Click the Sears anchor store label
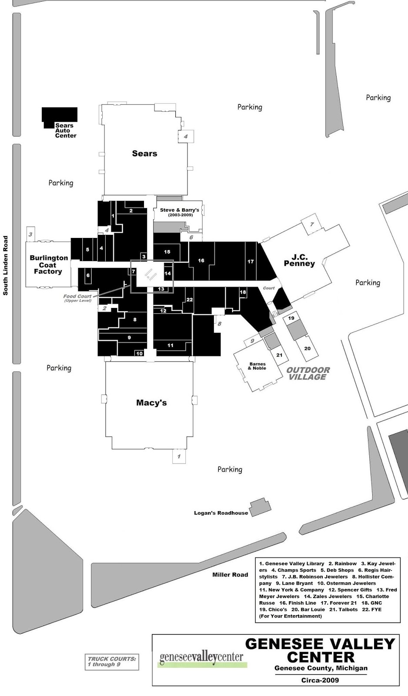point(144,154)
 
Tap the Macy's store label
point(151,403)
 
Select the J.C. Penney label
point(299,261)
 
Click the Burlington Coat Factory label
point(48,264)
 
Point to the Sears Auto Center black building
point(59,114)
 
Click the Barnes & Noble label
point(257,366)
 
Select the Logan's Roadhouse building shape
point(260,507)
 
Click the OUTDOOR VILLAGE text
point(308,373)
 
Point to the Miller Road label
point(230,575)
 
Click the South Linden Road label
point(6,266)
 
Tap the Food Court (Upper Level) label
point(77,298)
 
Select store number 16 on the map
point(201,261)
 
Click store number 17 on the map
point(251,261)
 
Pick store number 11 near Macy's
point(171,345)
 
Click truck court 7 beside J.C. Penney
point(311,224)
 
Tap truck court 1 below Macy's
point(178,456)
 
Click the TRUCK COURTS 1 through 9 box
point(112,662)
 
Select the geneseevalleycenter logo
point(201,657)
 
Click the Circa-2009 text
point(320,680)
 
